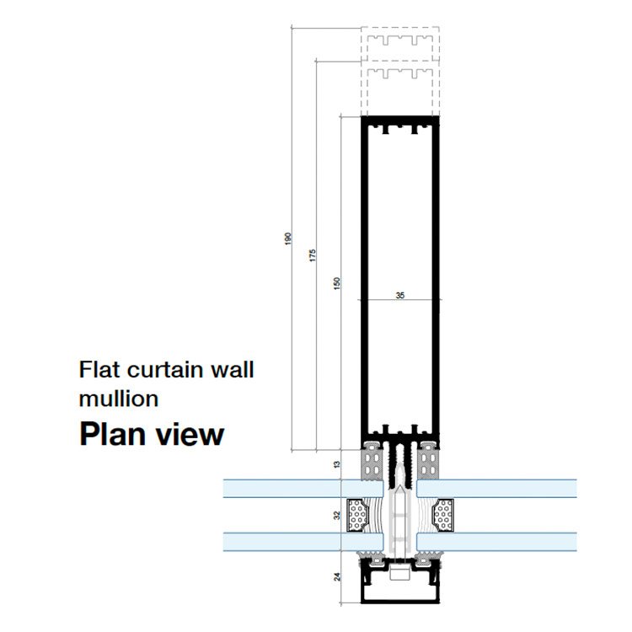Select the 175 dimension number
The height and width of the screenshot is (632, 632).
[312, 255]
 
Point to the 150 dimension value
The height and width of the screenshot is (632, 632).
[335, 283]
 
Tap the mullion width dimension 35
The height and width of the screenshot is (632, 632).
[399, 295]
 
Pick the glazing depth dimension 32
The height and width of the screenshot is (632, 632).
[335, 515]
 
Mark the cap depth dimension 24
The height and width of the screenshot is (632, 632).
[335, 578]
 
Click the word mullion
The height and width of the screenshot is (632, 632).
[118, 398]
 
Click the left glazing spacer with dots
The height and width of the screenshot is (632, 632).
[360, 514]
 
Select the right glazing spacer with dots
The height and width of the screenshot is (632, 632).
[442, 514]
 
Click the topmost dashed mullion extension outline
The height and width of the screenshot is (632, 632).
[400, 41]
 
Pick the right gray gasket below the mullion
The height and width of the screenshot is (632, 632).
[429, 458]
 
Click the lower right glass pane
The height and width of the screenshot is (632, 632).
[506, 541]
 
